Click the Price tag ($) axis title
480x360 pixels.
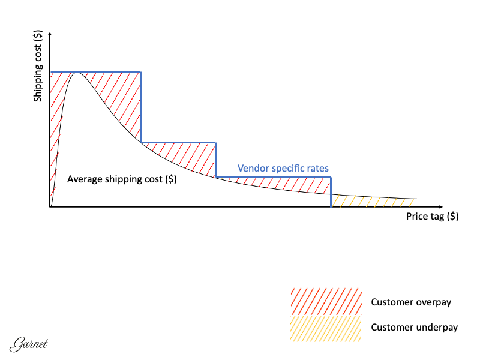coord(432,217)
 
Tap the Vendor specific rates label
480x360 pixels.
coord(283,169)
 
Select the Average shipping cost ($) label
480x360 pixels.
coord(122,179)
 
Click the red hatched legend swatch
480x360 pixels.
coord(326,302)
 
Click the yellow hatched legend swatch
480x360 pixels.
coord(326,328)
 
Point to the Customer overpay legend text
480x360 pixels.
coord(411,302)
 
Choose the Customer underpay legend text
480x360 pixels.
coord(415,328)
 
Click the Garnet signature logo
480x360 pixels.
coord(29,345)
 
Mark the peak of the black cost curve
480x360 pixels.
coord(77,72)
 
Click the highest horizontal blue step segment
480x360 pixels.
coord(96,72)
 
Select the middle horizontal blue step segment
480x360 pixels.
coord(178,143)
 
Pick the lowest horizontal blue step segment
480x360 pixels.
coord(273,178)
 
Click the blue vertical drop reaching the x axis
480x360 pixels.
coord(331,193)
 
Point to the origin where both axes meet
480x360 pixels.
coord(51,207)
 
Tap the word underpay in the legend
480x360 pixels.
coord(437,328)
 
